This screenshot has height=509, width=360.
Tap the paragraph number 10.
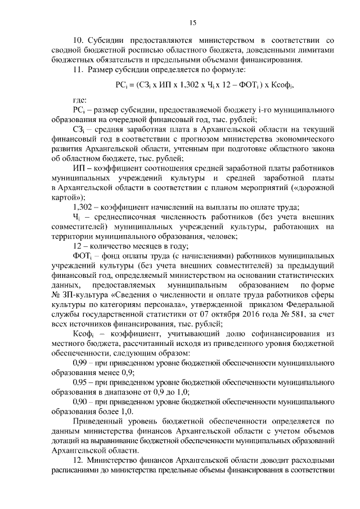pyautogui.click(x=78, y=41)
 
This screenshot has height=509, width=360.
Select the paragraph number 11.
pyautogui.click(x=78, y=70)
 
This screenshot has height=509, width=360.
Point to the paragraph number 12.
pyautogui.click(x=78, y=460)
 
